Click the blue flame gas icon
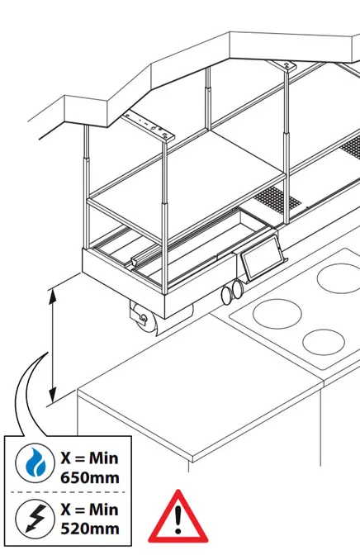pyautogui.click(x=35, y=462)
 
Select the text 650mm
pyautogui.click(x=90, y=478)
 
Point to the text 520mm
pyautogui.click(x=90, y=529)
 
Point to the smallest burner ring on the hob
pyautogui.click(x=324, y=342)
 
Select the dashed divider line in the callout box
pyautogui.click(x=68, y=492)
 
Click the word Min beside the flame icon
pyautogui.click(x=103, y=458)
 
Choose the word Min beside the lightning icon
pyautogui.click(x=103, y=510)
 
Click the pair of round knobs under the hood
pyautogui.click(x=231, y=292)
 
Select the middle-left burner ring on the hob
pyautogui.click(x=277, y=314)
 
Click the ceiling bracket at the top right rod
pyautogui.click(x=282, y=65)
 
